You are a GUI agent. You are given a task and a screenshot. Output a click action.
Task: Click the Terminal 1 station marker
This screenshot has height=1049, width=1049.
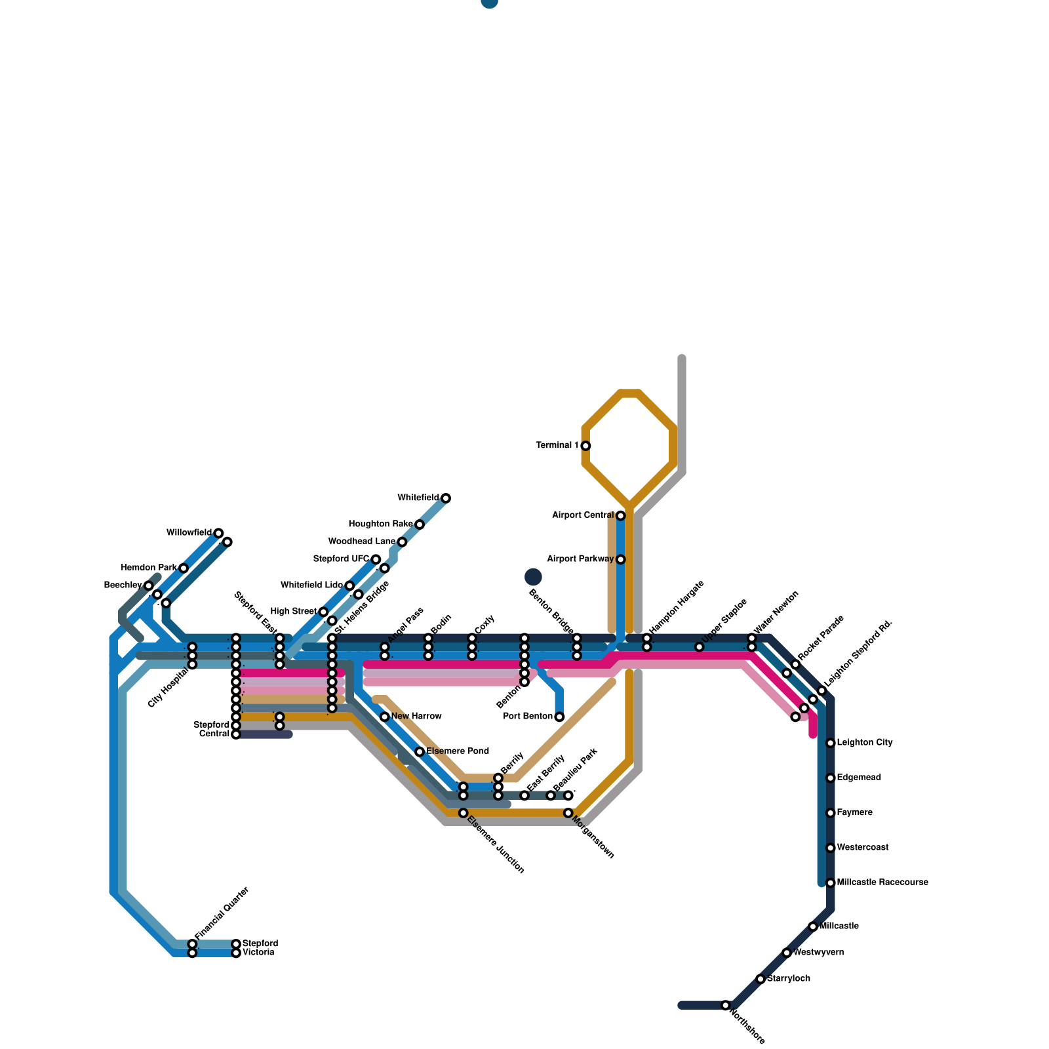click(x=585, y=446)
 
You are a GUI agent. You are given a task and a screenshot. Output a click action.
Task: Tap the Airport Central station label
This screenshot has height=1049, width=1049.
click(x=583, y=515)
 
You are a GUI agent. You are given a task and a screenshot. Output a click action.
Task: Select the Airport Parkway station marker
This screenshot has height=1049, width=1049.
click(x=620, y=559)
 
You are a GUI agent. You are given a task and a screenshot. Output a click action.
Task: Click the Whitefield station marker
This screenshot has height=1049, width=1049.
click(x=446, y=498)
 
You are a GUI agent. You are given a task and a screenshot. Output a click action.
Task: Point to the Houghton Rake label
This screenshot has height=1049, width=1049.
click(x=380, y=524)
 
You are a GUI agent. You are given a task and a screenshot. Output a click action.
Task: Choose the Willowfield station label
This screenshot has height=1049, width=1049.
click(x=189, y=532)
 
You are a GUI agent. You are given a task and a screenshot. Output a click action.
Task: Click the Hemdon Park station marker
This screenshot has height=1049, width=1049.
click(x=184, y=568)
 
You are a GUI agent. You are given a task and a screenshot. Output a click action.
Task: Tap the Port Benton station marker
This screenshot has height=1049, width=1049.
click(x=559, y=717)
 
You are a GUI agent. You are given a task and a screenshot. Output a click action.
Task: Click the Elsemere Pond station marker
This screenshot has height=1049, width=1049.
click(x=420, y=751)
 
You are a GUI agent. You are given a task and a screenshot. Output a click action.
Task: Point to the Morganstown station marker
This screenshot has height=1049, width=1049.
click(x=568, y=813)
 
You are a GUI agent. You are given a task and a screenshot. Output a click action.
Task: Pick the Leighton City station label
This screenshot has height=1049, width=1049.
click(x=865, y=743)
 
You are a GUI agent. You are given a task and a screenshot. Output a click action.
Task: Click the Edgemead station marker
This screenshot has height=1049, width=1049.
click(x=830, y=778)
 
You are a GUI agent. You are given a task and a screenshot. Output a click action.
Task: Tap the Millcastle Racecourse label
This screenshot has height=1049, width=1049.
click(x=882, y=882)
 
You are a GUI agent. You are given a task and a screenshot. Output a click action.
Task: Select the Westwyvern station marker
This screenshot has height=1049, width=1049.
click(x=787, y=953)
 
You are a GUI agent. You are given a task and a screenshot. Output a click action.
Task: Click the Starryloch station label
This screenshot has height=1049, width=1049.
click(x=789, y=979)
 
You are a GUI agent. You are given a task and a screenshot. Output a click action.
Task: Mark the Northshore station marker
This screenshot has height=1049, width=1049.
click(x=725, y=1005)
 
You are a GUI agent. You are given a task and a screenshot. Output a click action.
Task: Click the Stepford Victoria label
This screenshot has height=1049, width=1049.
click(x=260, y=948)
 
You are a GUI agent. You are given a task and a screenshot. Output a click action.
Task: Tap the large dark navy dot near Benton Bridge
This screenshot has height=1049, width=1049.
click(x=533, y=577)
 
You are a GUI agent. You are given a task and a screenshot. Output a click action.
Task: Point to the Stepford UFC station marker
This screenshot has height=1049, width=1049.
click(x=376, y=559)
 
